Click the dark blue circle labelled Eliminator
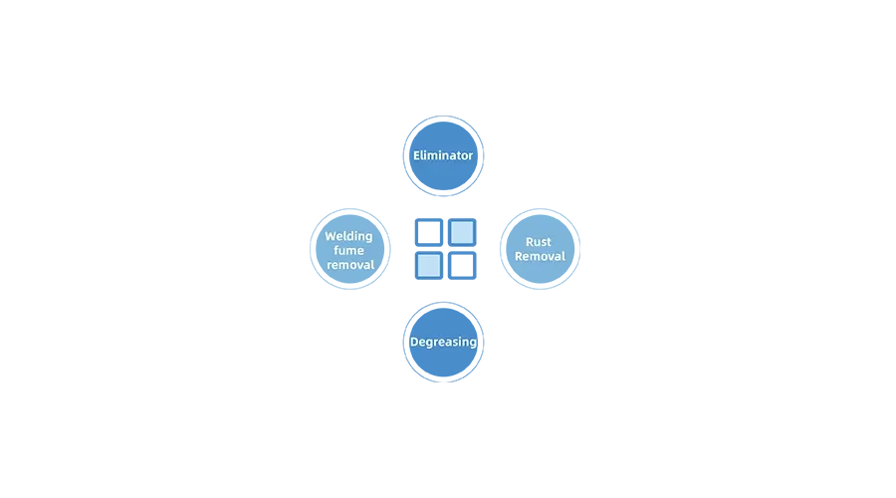tap(443, 155)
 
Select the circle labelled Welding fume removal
tap(350, 249)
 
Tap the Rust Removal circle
tap(540, 249)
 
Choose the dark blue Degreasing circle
tap(443, 343)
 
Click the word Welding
tap(348, 236)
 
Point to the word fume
tap(348, 250)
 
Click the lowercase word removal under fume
tap(350, 265)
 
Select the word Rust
tap(539, 242)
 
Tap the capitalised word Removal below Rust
tap(540, 256)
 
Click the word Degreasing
tap(443, 342)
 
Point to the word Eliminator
tap(443, 155)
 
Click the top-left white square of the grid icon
tap(429, 233)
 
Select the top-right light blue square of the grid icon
tap(462, 233)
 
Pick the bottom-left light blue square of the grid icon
tap(429, 266)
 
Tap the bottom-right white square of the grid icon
tap(462, 266)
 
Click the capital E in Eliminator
tap(417, 155)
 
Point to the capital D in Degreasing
tap(414, 342)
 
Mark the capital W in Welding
tap(331, 236)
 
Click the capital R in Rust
tap(530, 242)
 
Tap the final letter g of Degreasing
tap(473, 343)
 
